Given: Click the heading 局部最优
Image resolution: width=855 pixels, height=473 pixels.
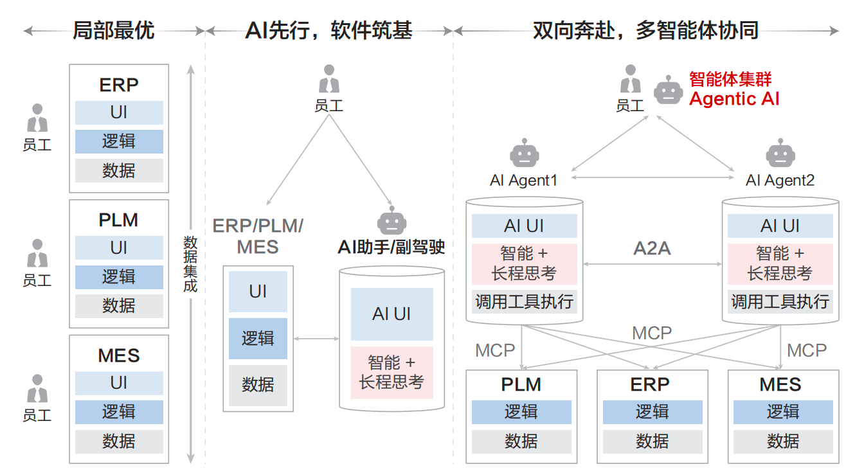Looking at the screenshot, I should [x=114, y=30].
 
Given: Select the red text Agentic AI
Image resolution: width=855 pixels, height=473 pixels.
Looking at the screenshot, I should [x=734, y=99].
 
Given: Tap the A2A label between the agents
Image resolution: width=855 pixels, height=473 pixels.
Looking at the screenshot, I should [x=652, y=249].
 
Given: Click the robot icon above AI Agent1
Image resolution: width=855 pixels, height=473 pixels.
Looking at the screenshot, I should [x=524, y=154].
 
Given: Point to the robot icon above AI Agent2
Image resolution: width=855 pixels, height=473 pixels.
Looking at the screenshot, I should [x=780, y=154].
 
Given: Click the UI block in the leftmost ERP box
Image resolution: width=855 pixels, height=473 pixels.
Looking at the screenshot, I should [x=119, y=112].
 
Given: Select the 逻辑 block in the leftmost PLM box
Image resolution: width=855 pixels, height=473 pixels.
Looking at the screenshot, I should [x=119, y=277].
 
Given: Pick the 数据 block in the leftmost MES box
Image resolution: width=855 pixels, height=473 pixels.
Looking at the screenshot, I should [x=119, y=442].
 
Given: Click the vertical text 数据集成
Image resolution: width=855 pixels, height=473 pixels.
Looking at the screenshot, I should [x=190, y=263].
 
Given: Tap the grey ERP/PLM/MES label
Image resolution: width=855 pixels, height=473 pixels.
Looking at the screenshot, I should [x=258, y=236].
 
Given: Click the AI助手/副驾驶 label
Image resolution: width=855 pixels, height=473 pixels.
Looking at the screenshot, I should [x=392, y=247].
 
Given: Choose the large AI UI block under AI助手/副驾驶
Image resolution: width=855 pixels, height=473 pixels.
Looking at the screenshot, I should [x=392, y=314].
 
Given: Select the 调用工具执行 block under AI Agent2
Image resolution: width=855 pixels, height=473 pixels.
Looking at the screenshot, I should [x=780, y=301].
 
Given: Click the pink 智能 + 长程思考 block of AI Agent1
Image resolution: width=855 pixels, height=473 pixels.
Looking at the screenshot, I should [x=524, y=263].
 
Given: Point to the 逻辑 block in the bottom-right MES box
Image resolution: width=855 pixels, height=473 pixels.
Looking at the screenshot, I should [x=782, y=412].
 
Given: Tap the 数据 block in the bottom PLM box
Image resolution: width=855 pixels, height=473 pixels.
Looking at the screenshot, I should [x=521, y=442].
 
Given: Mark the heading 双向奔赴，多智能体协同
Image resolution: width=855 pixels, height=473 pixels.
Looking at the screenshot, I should [x=645, y=30].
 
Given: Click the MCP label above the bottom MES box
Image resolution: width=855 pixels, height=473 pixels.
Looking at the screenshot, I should [x=806, y=350].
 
